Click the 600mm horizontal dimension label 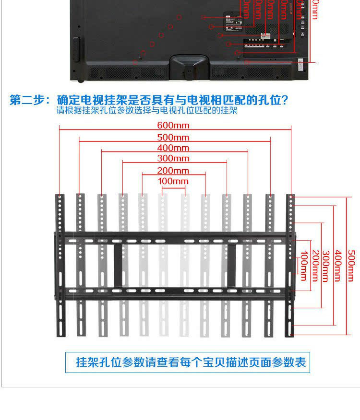(173, 126)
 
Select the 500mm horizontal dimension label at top (173, 137)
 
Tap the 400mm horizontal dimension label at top (173, 148)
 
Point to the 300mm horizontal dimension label (173, 158)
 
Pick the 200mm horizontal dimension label (173, 171)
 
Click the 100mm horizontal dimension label (173, 181)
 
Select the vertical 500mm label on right (351, 266)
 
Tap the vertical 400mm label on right (338, 266)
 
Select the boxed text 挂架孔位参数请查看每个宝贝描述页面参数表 (191, 362)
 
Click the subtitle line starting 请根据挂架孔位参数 (146, 110)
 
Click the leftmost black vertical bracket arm (60, 266)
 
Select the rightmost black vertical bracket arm (290, 266)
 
